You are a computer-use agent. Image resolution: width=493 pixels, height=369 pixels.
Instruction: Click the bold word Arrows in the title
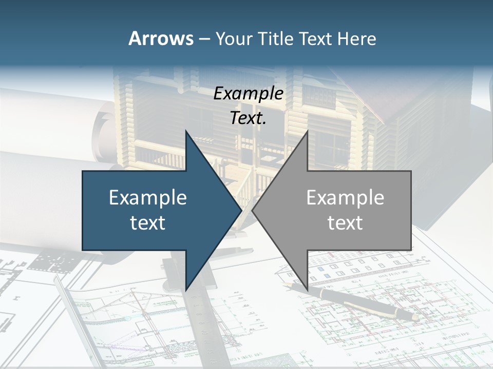160,38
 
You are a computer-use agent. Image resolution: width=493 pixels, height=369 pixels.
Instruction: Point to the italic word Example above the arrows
248,93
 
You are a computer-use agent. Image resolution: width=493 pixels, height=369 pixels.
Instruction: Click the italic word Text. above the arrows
248,118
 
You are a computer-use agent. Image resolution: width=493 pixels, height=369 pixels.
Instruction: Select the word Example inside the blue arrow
148,198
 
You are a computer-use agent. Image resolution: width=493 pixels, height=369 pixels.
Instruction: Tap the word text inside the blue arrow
148,222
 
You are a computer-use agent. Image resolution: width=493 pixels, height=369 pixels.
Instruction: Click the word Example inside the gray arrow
345,198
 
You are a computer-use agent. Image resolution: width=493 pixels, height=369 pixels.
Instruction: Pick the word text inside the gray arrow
345,222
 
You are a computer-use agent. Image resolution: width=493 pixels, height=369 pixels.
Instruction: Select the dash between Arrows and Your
203,39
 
